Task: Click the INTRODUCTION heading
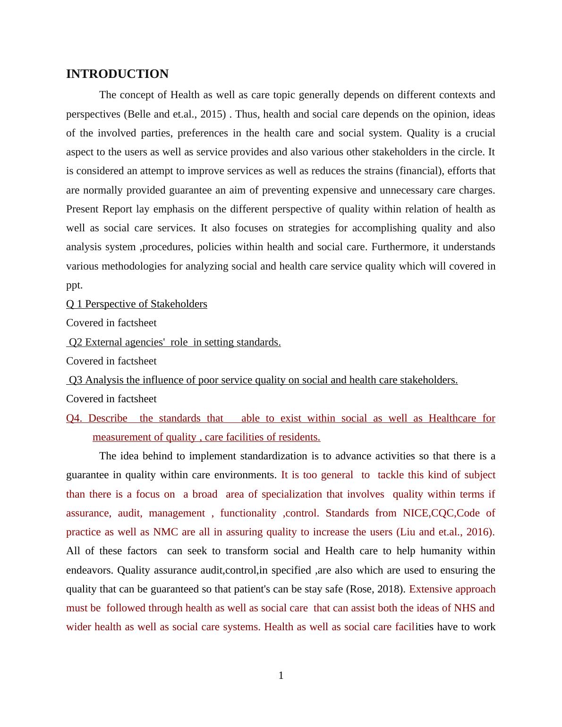(117, 74)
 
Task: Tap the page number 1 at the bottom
(281, 676)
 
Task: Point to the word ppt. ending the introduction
(74, 285)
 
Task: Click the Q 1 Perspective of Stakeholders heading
(136, 304)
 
